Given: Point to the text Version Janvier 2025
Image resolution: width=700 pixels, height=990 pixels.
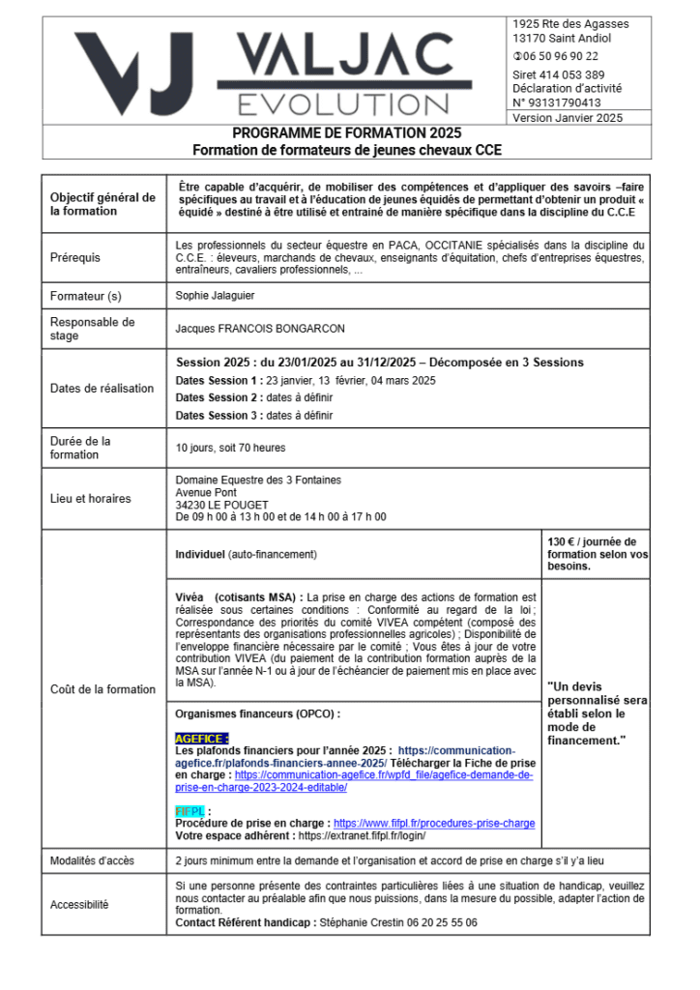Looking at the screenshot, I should (x=568, y=118).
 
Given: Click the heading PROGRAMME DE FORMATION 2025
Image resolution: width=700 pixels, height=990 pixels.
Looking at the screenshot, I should (x=347, y=132).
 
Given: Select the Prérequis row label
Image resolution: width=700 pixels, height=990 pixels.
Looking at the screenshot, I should (x=75, y=258).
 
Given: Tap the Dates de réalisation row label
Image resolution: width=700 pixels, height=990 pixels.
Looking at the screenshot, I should (x=102, y=389).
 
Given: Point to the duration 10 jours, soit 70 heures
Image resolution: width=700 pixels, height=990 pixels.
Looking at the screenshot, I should (x=230, y=449).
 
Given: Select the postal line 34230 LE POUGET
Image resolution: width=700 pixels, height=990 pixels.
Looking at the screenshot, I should (x=222, y=505).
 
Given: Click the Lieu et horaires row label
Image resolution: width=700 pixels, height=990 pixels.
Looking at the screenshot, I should (x=91, y=499).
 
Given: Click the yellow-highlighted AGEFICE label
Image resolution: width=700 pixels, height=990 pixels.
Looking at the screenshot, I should (x=202, y=738).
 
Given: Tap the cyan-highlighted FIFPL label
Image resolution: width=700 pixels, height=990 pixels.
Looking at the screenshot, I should (x=190, y=811).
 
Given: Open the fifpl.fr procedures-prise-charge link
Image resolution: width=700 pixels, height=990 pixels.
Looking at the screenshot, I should (x=434, y=824).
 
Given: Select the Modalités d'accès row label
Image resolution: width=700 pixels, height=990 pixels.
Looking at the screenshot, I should (x=93, y=860).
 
